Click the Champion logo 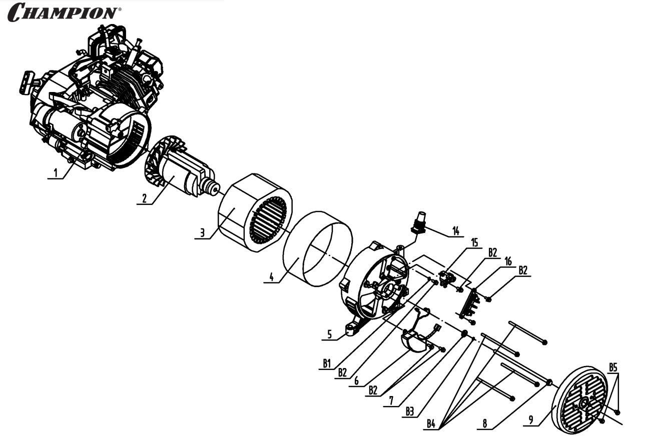click(65, 12)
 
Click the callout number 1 click(56, 173)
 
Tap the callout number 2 click(144, 198)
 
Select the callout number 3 click(202, 232)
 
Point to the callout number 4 click(271, 277)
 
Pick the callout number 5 click(329, 334)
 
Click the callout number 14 click(456, 231)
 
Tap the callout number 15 click(474, 242)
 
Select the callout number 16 click(508, 261)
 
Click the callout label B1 click(327, 363)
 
